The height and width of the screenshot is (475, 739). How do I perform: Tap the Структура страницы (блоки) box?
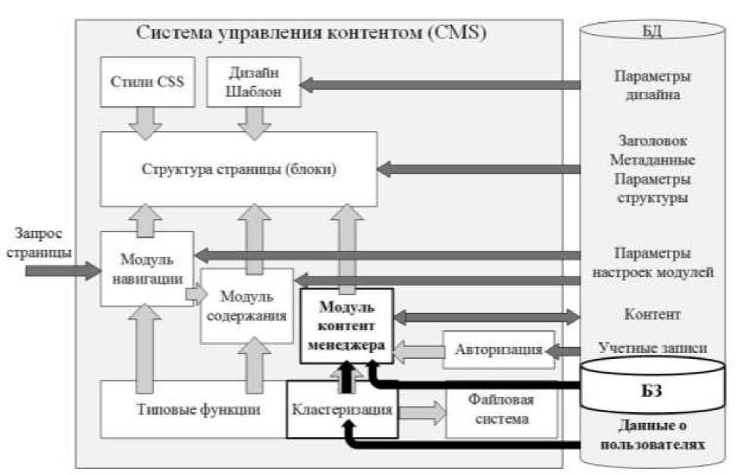tap(239, 168)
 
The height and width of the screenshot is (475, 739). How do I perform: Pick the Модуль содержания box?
tap(246, 305)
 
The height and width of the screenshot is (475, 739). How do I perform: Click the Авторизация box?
tap(498, 350)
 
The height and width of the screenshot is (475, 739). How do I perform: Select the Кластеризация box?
tap(342, 410)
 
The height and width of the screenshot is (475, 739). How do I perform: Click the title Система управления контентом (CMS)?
tap(311, 33)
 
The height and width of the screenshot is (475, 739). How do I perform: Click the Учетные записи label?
tap(653, 349)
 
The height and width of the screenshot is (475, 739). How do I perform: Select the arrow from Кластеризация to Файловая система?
tap(421, 410)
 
